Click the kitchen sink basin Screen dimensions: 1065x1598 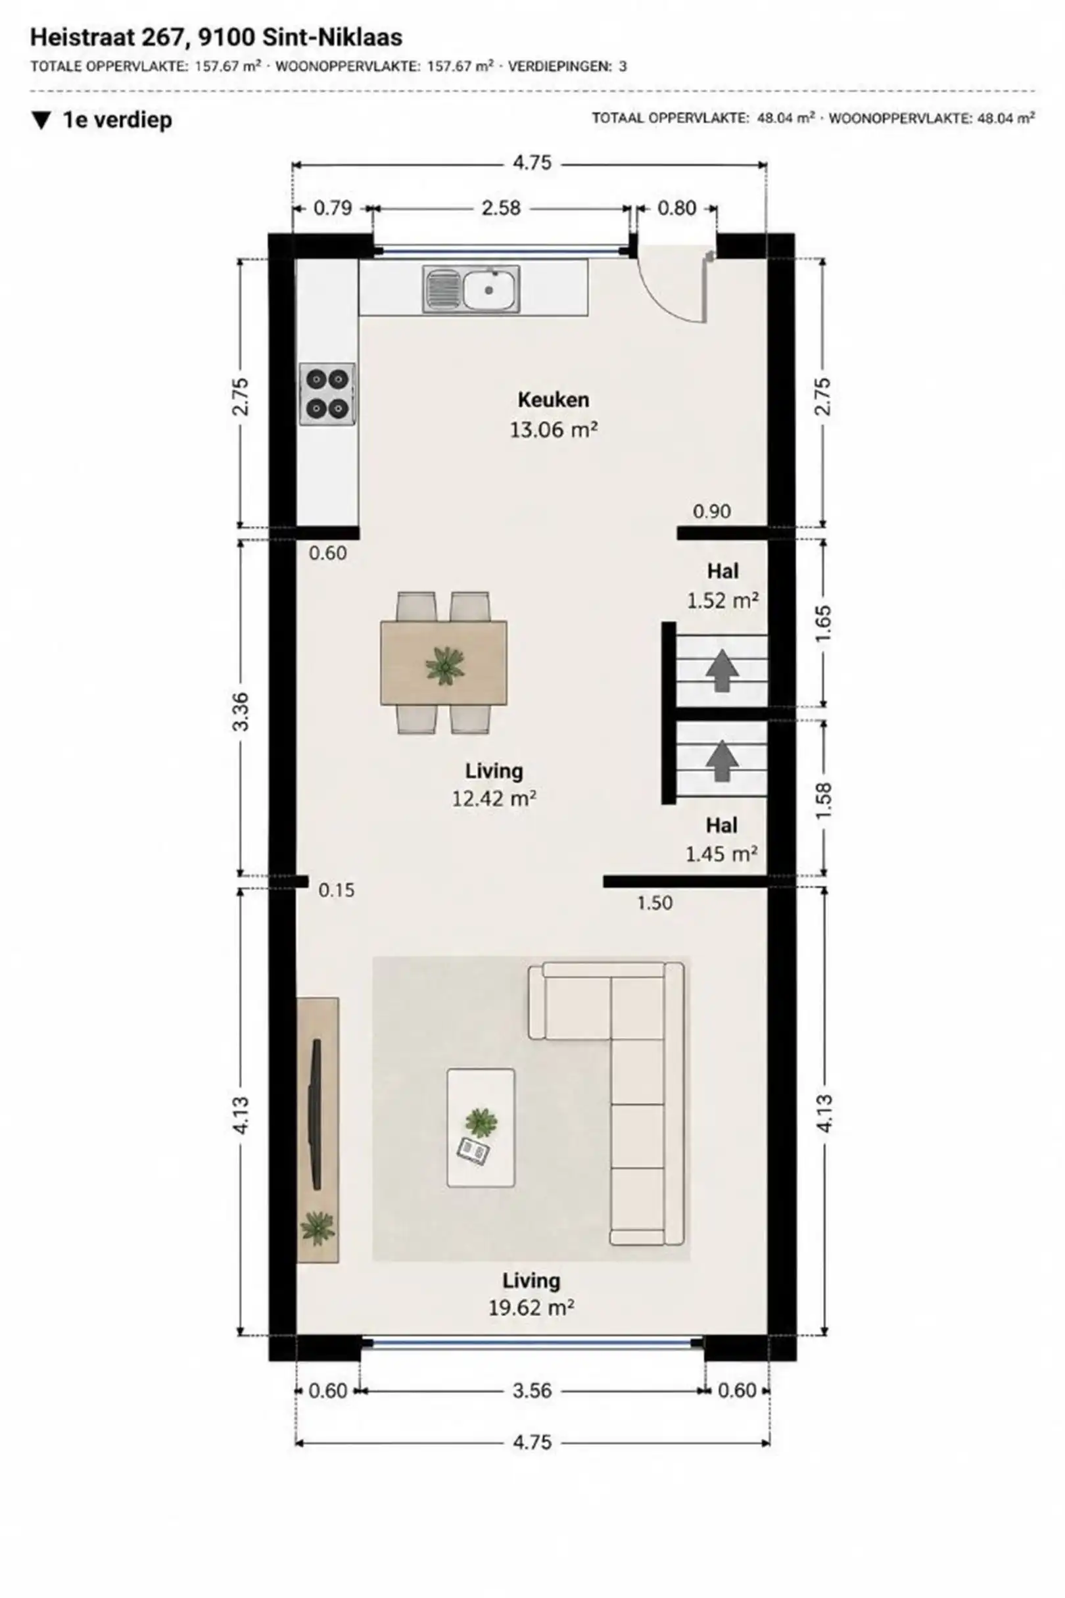click(x=489, y=289)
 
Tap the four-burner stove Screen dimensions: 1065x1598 click(x=327, y=394)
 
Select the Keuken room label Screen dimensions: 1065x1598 click(x=554, y=400)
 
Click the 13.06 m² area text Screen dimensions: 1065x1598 click(x=554, y=429)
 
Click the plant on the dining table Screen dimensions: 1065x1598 click(x=445, y=664)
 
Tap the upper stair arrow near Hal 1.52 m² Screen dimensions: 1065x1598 click(x=722, y=671)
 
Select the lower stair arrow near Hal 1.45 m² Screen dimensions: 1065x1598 click(x=722, y=760)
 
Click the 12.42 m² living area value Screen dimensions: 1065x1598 click(x=494, y=798)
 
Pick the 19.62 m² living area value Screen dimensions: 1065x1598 click(x=532, y=1308)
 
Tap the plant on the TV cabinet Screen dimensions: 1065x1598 click(x=318, y=1228)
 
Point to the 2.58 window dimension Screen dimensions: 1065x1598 click(x=501, y=208)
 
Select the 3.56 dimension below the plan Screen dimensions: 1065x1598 click(x=532, y=1391)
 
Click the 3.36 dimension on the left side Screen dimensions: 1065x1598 click(x=241, y=712)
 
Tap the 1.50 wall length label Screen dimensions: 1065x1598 click(x=655, y=902)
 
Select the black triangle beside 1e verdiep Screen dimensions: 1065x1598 click(x=41, y=120)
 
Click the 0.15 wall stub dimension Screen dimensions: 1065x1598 click(x=337, y=890)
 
